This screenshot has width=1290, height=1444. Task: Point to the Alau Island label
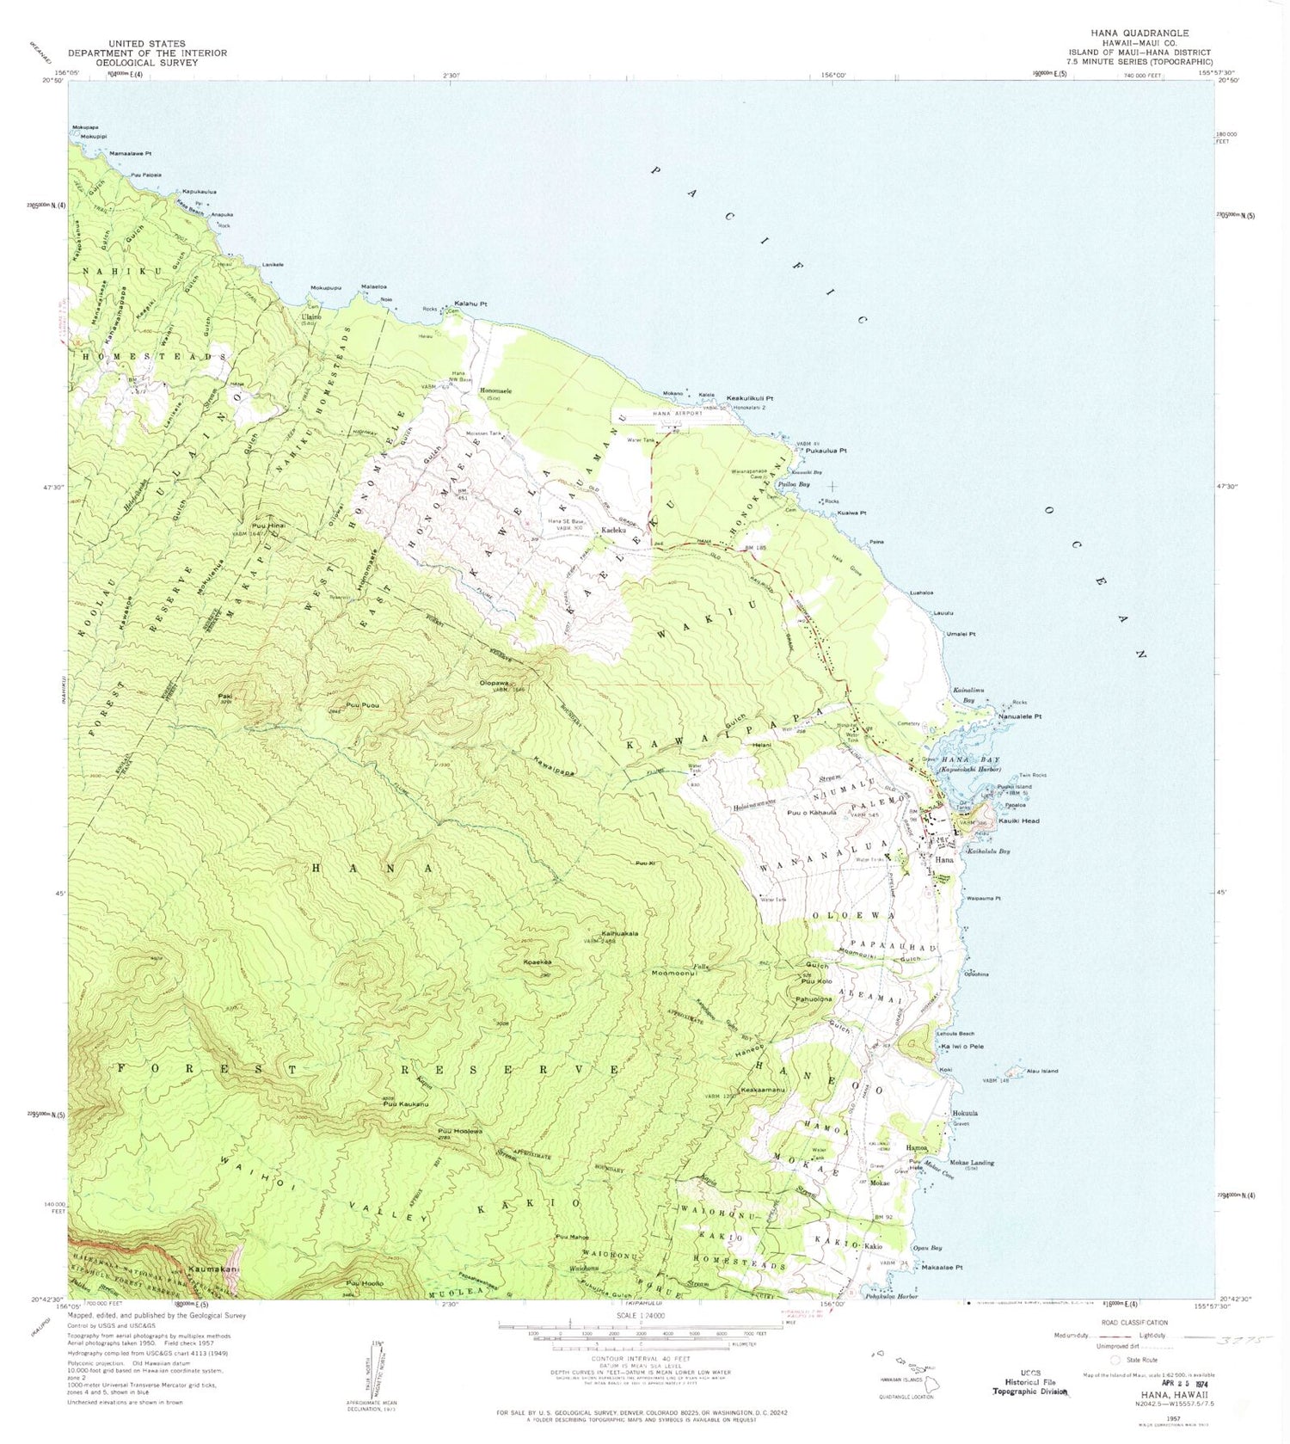[x=1041, y=1071]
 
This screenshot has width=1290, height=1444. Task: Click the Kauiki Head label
[x=1018, y=820]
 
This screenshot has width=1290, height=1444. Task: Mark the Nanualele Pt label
[x=1020, y=716]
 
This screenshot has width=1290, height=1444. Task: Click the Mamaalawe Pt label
[x=131, y=154]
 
